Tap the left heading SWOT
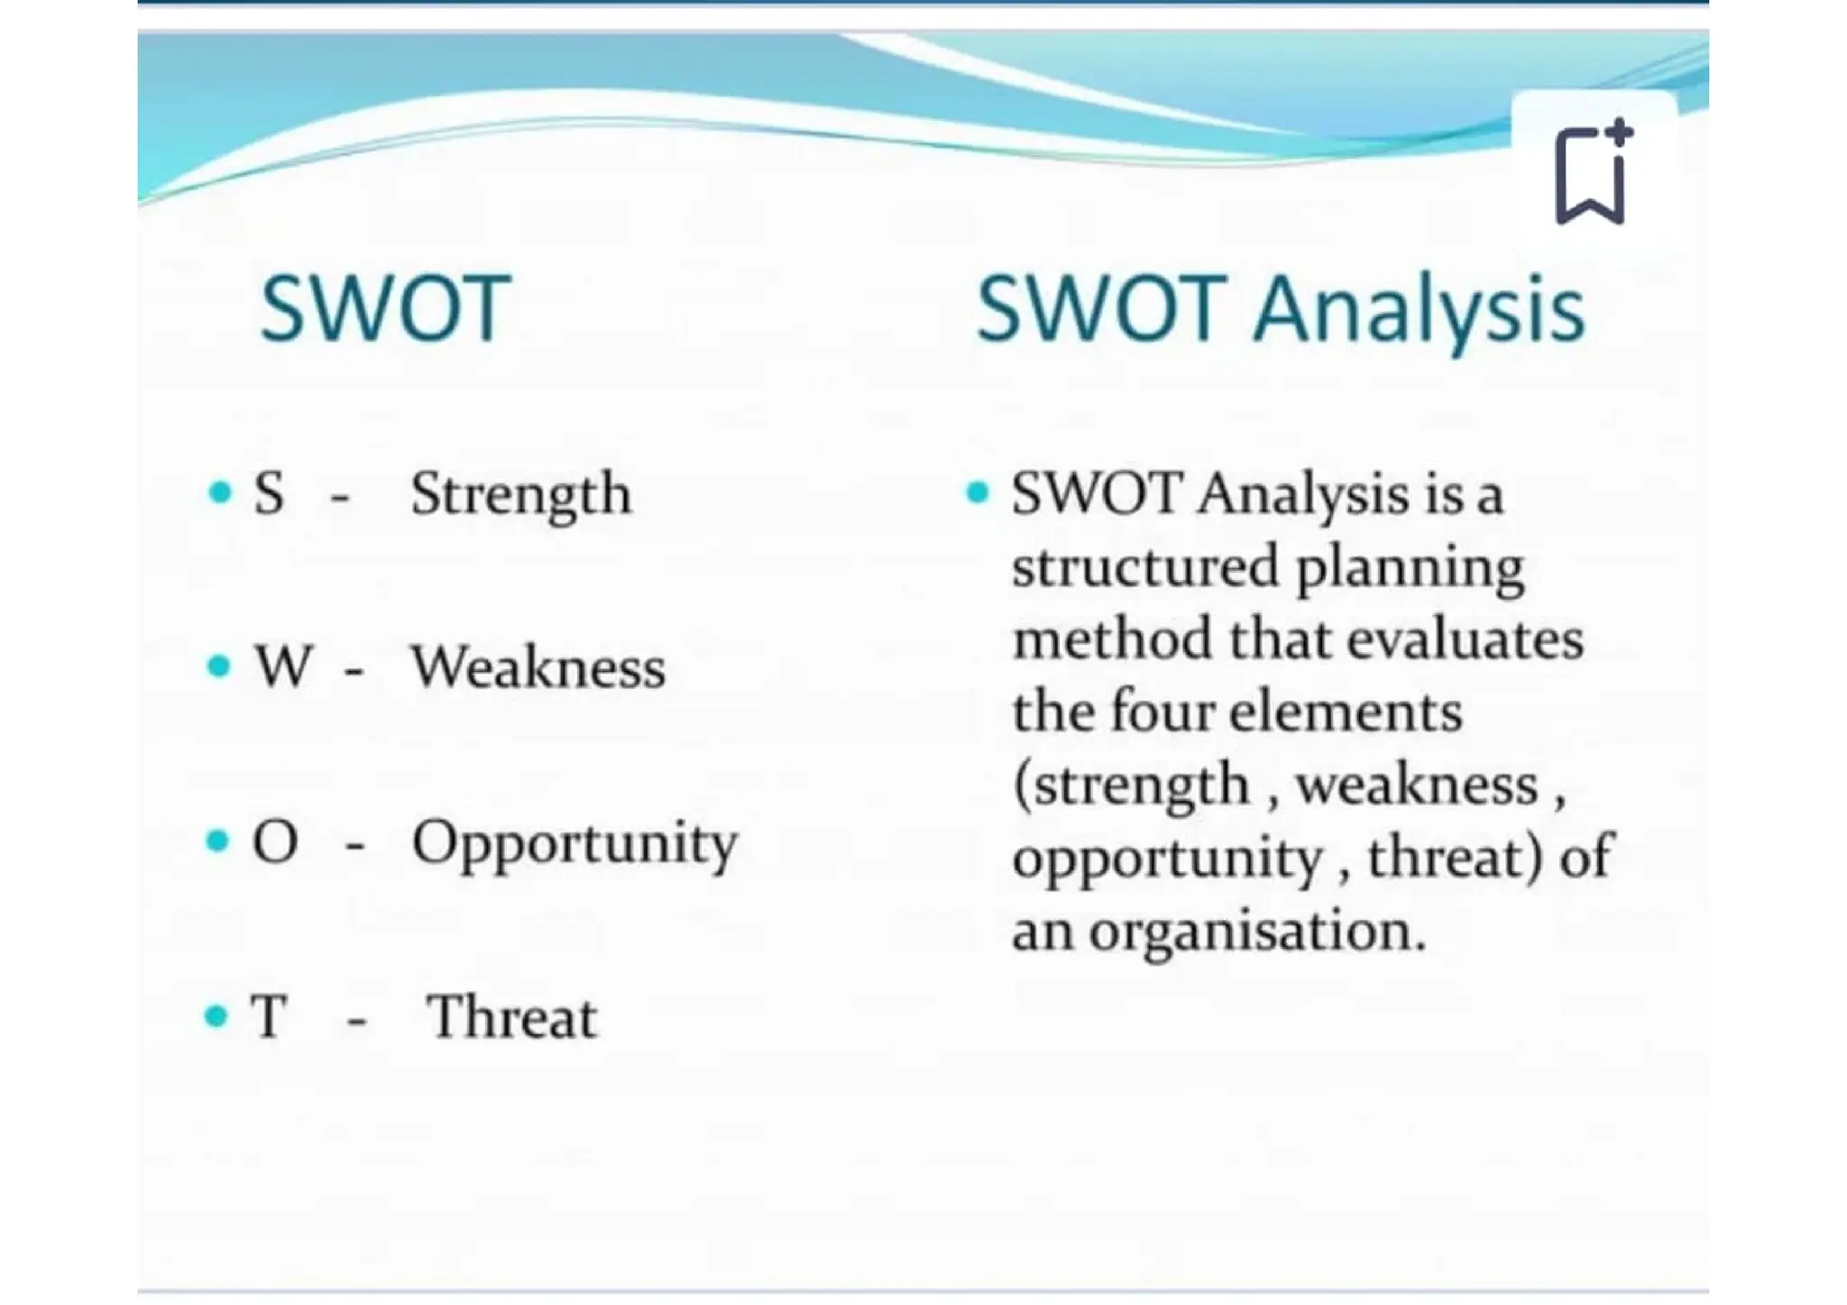386,309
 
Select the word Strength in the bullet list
520,494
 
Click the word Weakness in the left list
538,668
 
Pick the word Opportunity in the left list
574,843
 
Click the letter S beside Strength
269,494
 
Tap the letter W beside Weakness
283,667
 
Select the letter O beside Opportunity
275,842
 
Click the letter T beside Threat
269,1017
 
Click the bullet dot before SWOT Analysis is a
978,493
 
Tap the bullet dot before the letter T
216,1017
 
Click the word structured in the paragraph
1144,567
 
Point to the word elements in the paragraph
1346,712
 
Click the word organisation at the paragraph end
1257,932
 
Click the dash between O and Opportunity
354,845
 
